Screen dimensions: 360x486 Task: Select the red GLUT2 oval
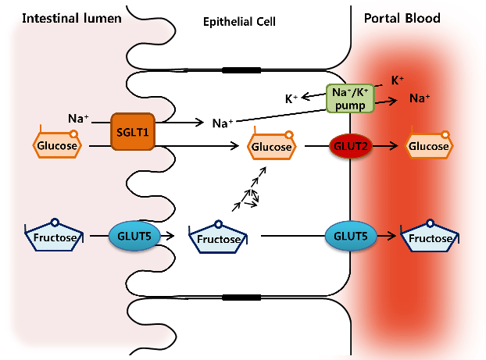coord(349,146)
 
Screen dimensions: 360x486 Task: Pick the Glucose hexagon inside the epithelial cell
coord(271,146)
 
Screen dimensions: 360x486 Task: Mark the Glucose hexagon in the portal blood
coord(427,146)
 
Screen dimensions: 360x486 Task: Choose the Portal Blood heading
coord(402,18)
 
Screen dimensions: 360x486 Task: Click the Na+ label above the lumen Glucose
coord(78,119)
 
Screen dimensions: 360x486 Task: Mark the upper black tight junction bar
coord(241,70)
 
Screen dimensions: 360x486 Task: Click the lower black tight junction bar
coord(241,297)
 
